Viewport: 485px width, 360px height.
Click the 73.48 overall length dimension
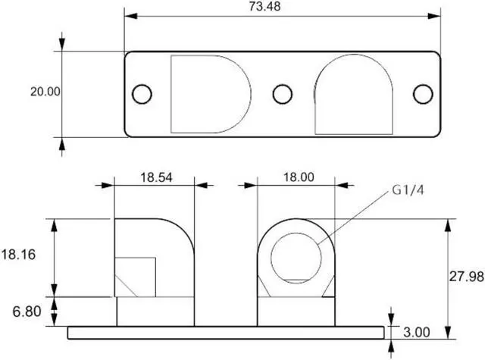click(x=283, y=7)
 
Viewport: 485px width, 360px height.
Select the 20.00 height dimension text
click(x=45, y=92)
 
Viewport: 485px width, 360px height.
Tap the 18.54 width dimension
click(x=156, y=177)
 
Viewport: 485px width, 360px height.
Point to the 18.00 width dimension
click(x=298, y=177)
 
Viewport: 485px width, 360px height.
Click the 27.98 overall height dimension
click(x=465, y=277)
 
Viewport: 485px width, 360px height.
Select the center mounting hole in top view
click(x=283, y=94)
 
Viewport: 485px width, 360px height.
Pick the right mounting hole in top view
click(x=422, y=94)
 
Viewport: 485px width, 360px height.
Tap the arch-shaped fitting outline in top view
click(x=354, y=95)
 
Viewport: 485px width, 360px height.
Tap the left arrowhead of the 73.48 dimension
click(x=130, y=16)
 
